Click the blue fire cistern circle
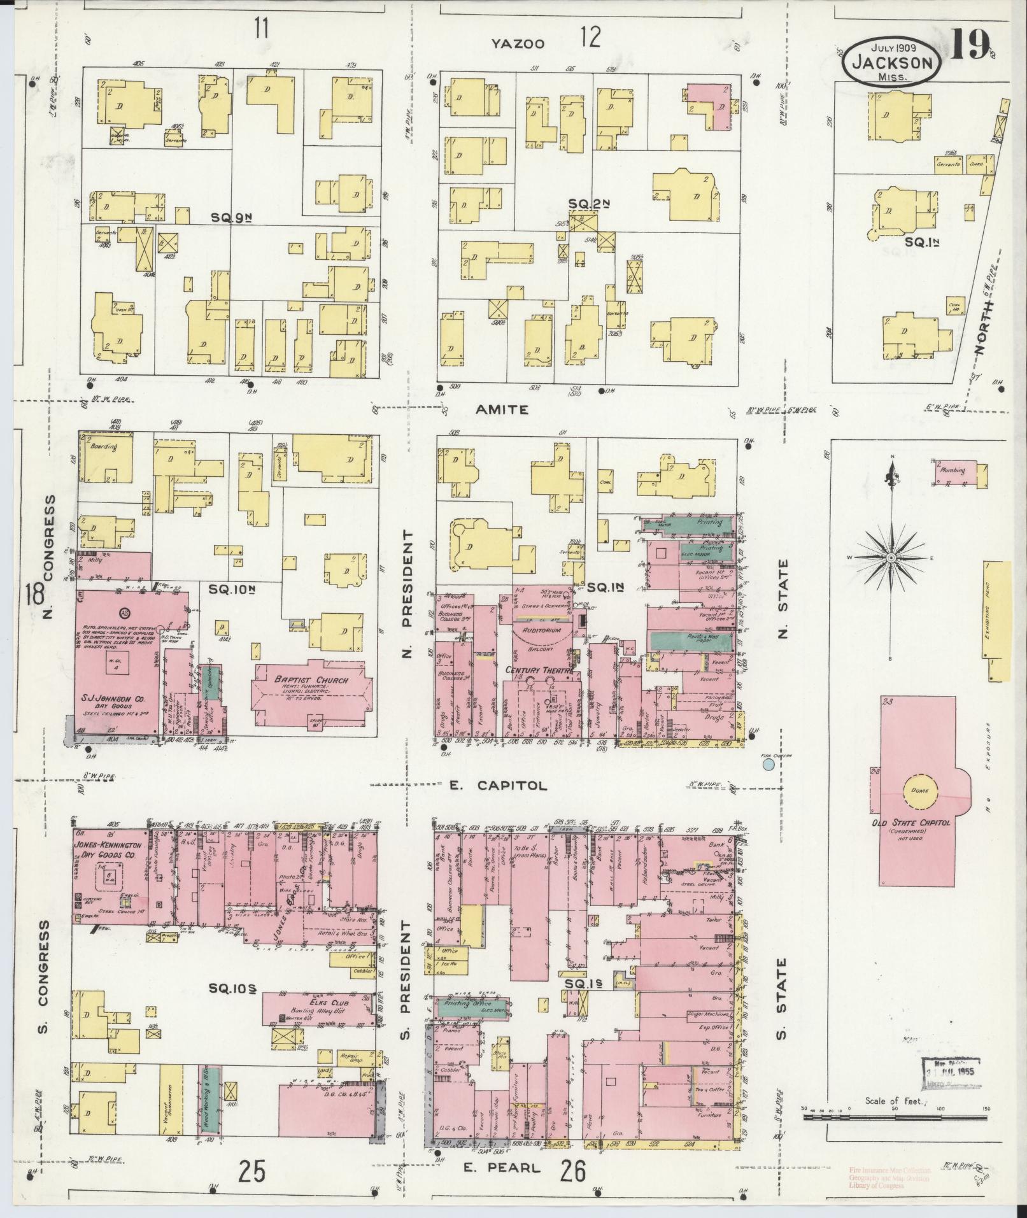point(769,763)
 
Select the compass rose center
point(891,557)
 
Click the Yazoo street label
point(518,43)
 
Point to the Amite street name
point(502,410)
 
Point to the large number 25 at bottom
point(251,1171)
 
